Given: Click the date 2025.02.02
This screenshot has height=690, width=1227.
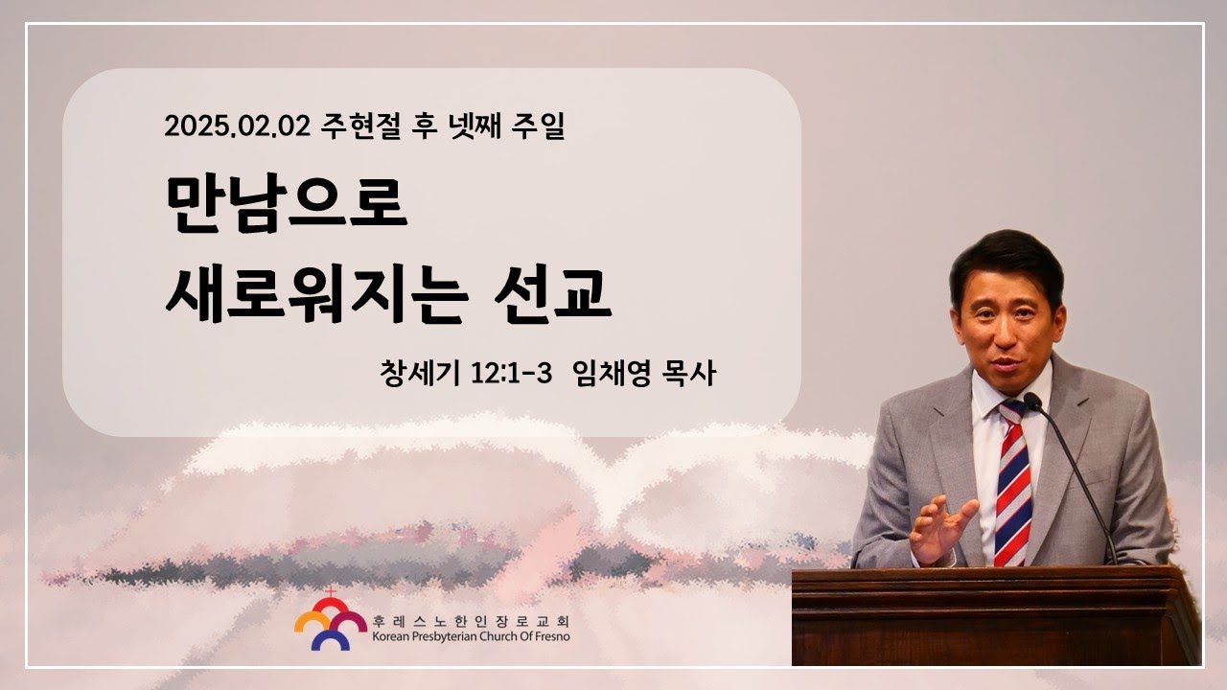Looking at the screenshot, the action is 237,126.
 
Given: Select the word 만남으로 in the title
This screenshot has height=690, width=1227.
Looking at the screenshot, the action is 287,204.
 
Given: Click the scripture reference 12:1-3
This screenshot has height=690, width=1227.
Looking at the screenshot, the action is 511,374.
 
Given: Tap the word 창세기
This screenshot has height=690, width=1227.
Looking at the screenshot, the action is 420,374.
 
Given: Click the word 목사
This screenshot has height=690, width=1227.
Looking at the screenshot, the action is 688,374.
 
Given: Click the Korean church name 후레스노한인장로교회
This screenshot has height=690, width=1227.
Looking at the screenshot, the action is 471,622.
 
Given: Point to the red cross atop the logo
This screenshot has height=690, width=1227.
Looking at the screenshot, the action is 330,591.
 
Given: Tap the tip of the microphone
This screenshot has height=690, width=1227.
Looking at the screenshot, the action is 1032,401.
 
